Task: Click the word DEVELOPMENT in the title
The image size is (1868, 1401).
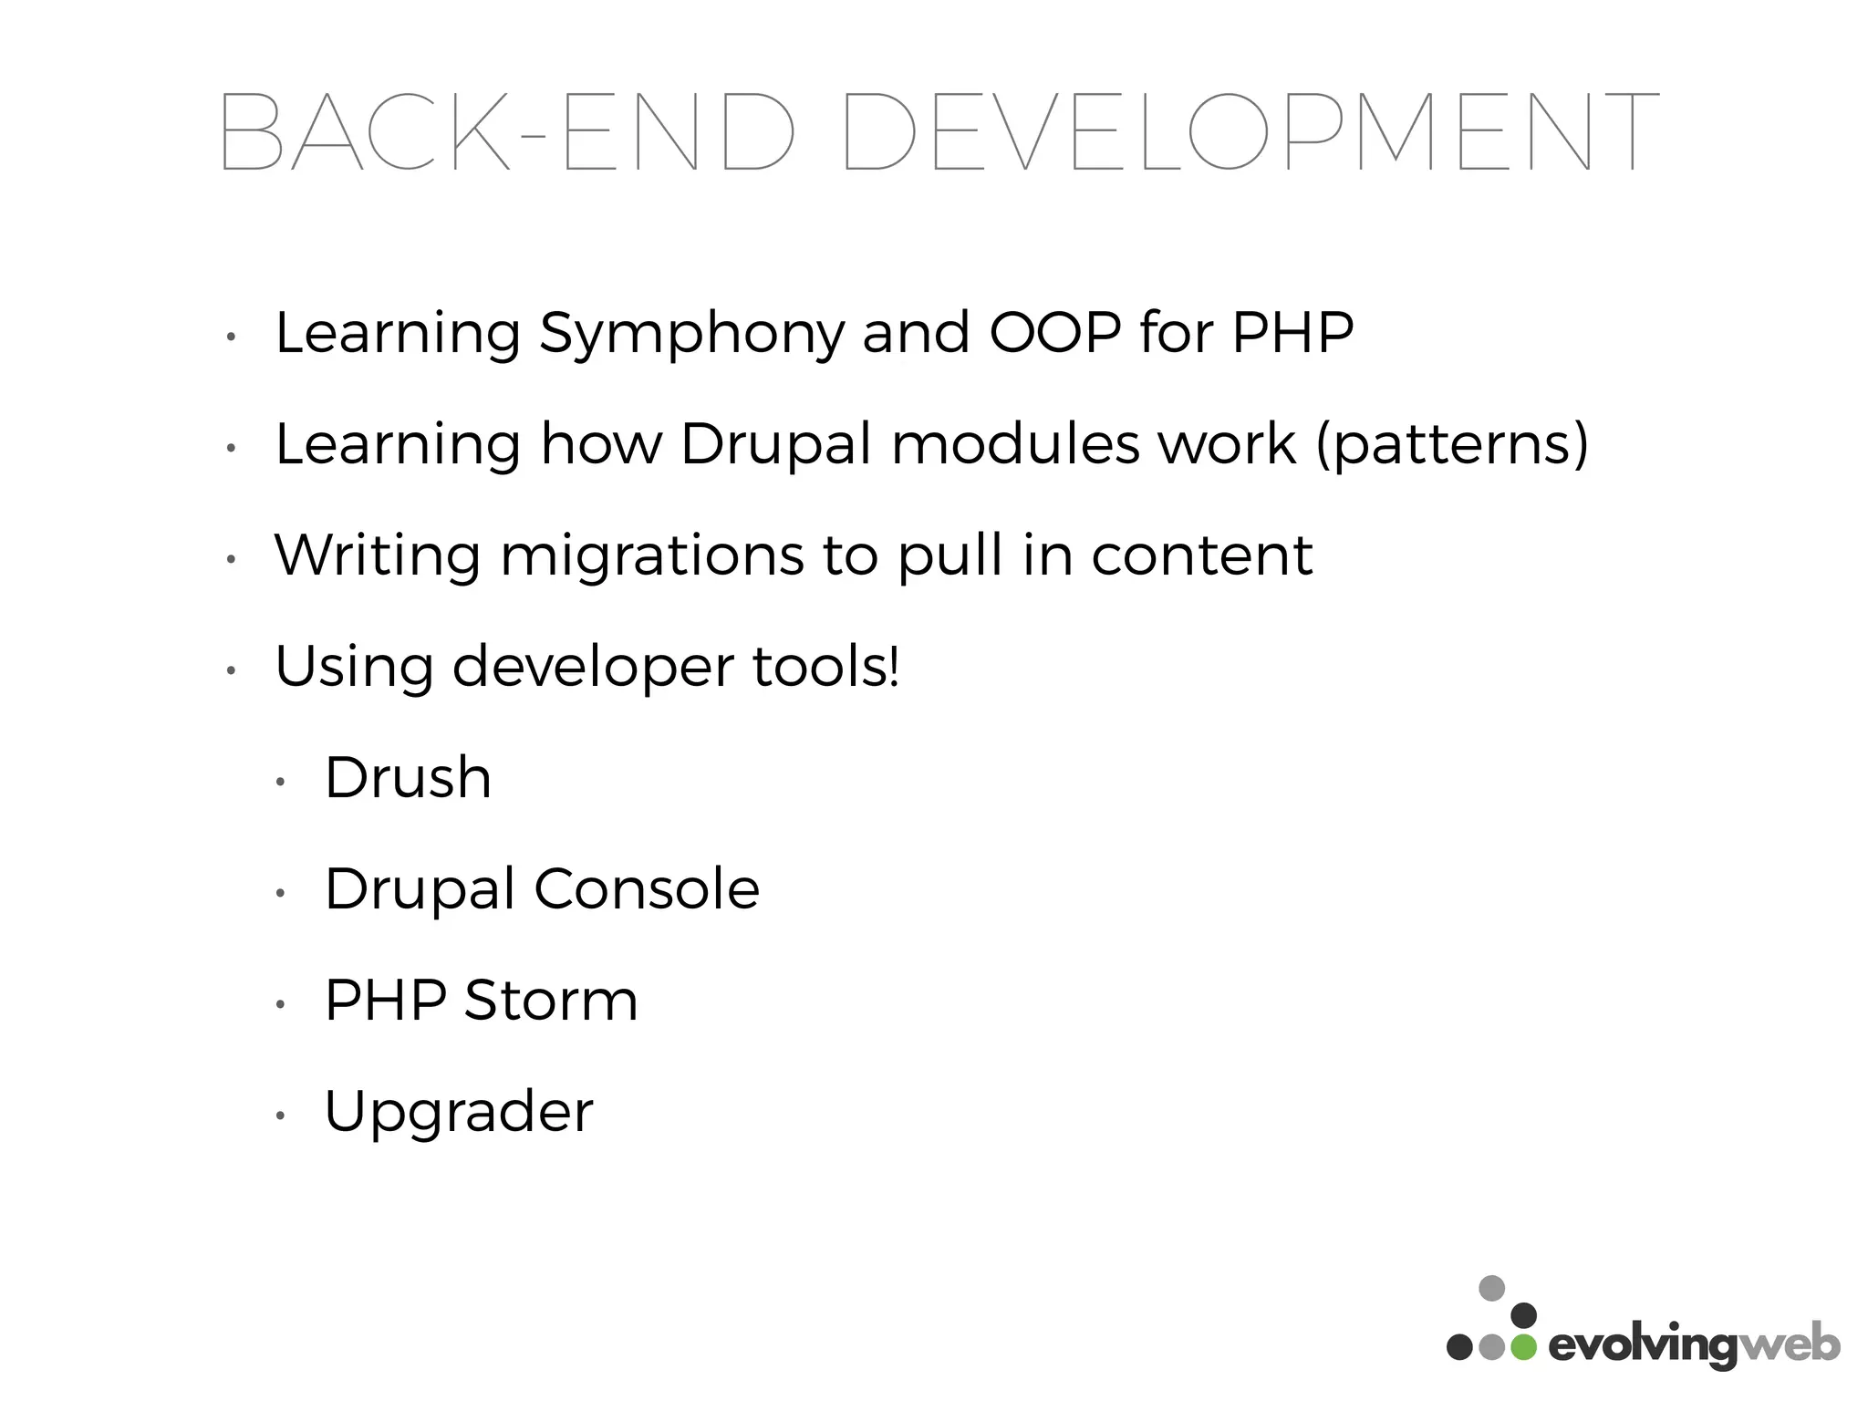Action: click(x=1250, y=132)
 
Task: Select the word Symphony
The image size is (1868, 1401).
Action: click(x=692, y=335)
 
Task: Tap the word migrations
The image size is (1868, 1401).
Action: click(x=652, y=557)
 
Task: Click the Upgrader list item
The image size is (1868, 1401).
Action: click(x=459, y=1114)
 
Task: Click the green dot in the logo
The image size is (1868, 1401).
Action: click(x=1522, y=1347)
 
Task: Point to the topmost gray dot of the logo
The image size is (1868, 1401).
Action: click(x=1491, y=1288)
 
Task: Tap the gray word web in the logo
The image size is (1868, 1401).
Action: click(x=1788, y=1345)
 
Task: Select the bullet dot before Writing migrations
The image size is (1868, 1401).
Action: click(x=232, y=560)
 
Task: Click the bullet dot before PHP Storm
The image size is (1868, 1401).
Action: click(x=281, y=1005)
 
